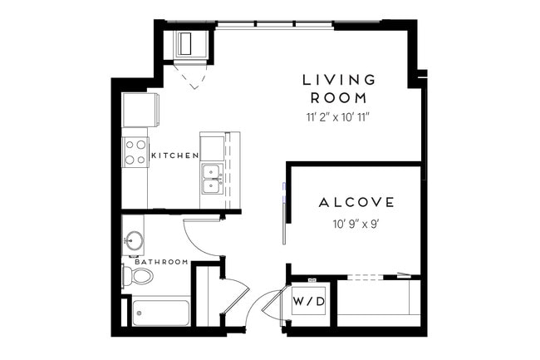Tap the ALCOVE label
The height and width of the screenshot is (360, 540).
(356, 202)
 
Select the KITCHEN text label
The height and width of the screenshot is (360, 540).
(174, 155)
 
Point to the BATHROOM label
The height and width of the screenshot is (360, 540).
(162, 262)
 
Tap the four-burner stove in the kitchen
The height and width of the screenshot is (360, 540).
(135, 151)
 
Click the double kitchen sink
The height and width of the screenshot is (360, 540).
(211, 178)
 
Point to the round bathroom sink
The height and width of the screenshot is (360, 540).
(134, 242)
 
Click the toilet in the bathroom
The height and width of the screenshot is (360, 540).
(135, 276)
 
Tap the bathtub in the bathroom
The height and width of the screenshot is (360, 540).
(161, 313)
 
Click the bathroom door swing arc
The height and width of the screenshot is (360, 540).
(204, 237)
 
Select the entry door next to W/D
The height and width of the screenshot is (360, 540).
(271, 309)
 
